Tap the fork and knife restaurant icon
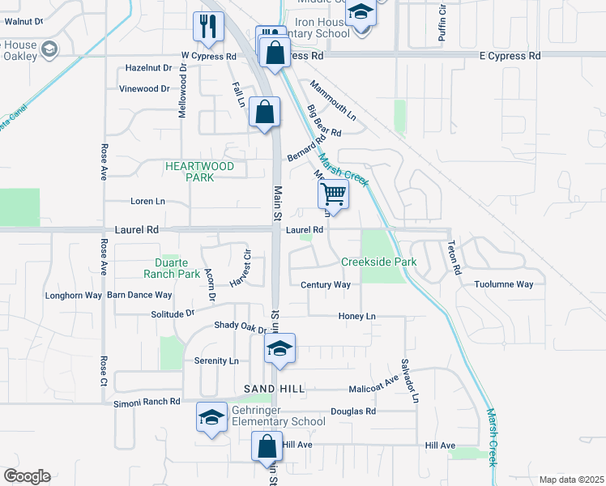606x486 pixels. click(x=208, y=26)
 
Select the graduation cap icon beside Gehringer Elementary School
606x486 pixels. click(x=211, y=418)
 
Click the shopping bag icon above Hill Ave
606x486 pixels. click(x=267, y=446)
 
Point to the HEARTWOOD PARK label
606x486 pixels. click(x=199, y=172)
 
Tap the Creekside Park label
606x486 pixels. click(x=378, y=262)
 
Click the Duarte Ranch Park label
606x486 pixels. click(x=177, y=268)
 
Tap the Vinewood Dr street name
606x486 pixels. click(x=144, y=89)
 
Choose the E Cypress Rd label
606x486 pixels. click(x=510, y=57)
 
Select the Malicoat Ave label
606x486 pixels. click(x=374, y=389)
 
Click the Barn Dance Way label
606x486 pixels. click(x=139, y=296)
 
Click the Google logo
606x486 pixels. click(x=27, y=476)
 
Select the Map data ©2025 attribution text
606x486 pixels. click(x=571, y=480)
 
